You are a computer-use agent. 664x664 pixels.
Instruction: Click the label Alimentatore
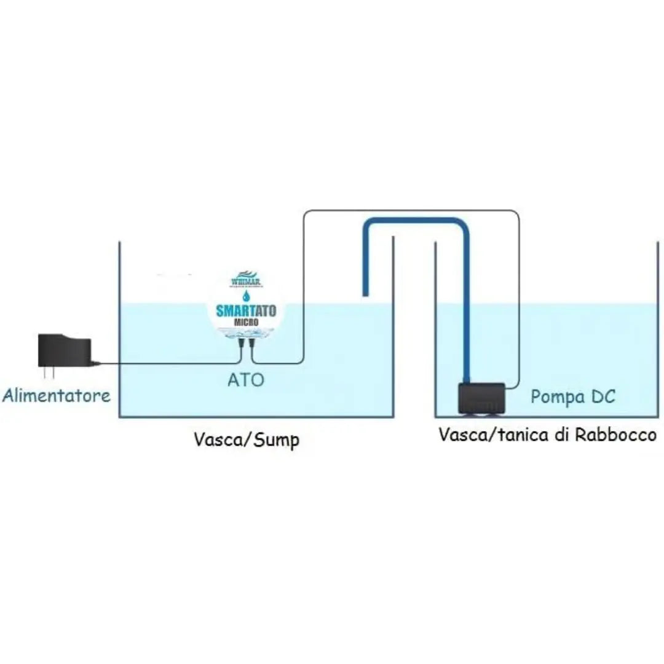click(x=57, y=395)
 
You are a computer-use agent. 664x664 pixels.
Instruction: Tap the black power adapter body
click(x=64, y=351)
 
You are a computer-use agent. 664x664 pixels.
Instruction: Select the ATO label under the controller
click(x=246, y=380)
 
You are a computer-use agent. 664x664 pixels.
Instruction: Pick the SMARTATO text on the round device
click(x=246, y=310)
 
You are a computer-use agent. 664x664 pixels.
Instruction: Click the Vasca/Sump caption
click(x=246, y=440)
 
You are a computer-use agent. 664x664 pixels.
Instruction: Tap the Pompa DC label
click(x=572, y=397)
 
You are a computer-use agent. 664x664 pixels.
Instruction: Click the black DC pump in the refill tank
click(x=482, y=398)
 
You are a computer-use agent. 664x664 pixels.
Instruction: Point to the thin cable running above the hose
click(x=412, y=211)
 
